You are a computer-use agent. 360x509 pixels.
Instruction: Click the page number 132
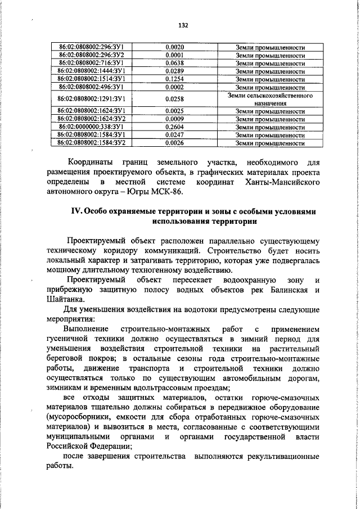182,25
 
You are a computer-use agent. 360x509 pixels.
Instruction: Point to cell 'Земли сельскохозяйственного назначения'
271,100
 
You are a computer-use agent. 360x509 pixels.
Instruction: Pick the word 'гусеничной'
69,339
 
